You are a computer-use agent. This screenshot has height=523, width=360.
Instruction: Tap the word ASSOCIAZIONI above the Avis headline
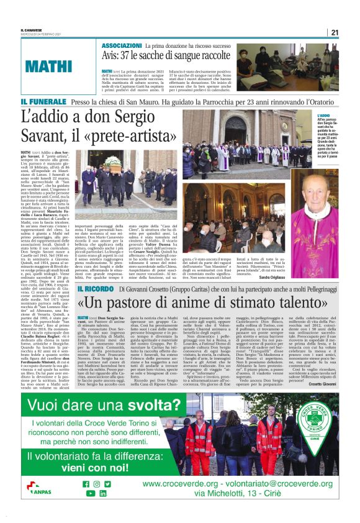[121, 46]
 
